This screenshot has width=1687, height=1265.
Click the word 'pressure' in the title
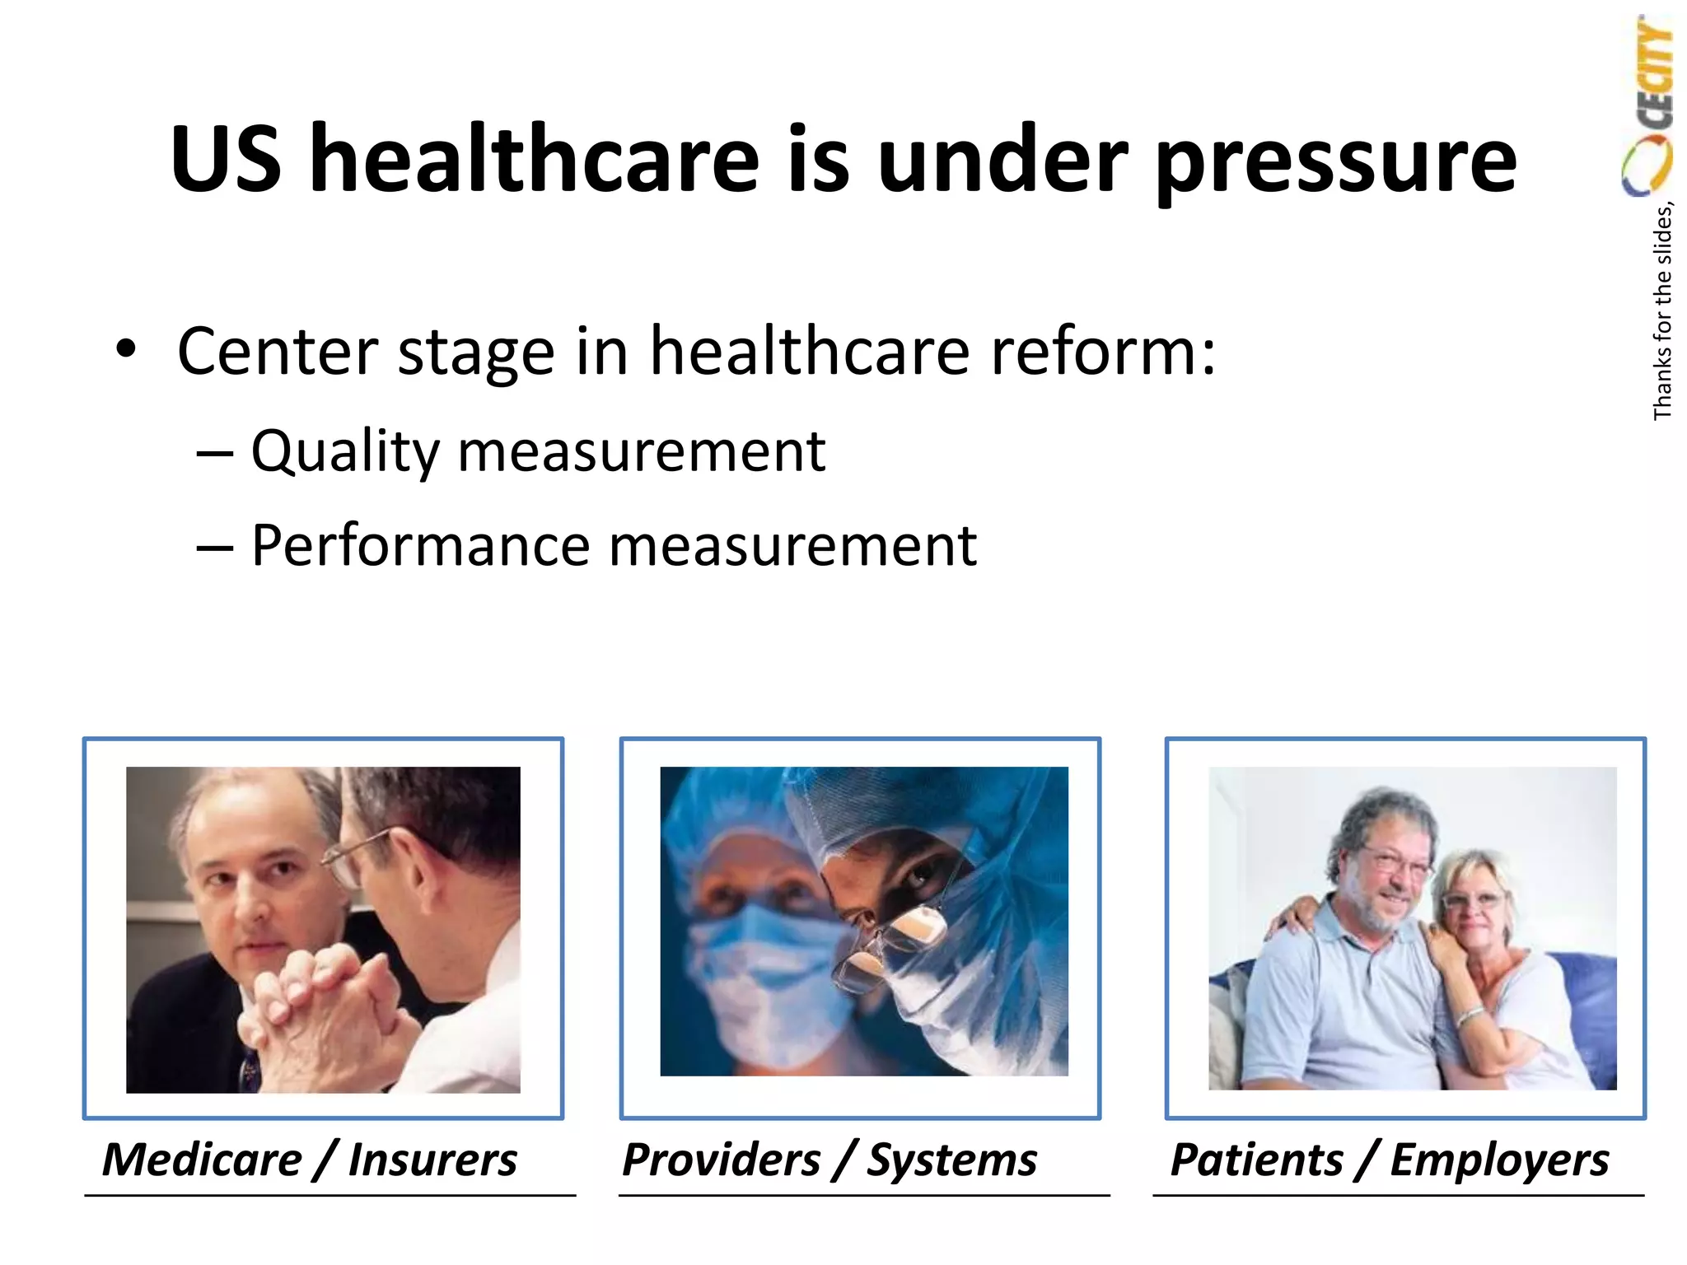(x=1335, y=161)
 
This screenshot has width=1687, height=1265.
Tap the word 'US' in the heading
(x=226, y=160)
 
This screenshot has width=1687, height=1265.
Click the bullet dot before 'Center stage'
(x=125, y=349)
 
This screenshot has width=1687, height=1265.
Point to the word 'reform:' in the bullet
(x=1103, y=352)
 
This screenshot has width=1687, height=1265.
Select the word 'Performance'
(x=420, y=546)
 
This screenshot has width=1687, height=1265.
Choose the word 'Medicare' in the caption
(x=202, y=1160)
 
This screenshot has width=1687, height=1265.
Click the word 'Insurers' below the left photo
(x=432, y=1160)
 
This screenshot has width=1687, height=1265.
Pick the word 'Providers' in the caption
(x=721, y=1160)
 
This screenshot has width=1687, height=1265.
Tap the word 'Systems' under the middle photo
(x=952, y=1160)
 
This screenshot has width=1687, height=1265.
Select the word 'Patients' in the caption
(x=1256, y=1160)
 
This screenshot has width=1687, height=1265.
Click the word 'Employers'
(x=1499, y=1160)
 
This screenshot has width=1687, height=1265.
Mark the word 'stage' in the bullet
(x=476, y=352)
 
